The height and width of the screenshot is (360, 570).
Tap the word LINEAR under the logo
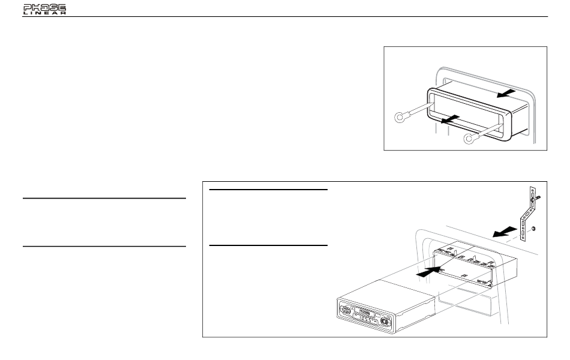[44, 13]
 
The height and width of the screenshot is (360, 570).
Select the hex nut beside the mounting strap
[534, 228]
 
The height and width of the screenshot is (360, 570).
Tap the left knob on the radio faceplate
[347, 311]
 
